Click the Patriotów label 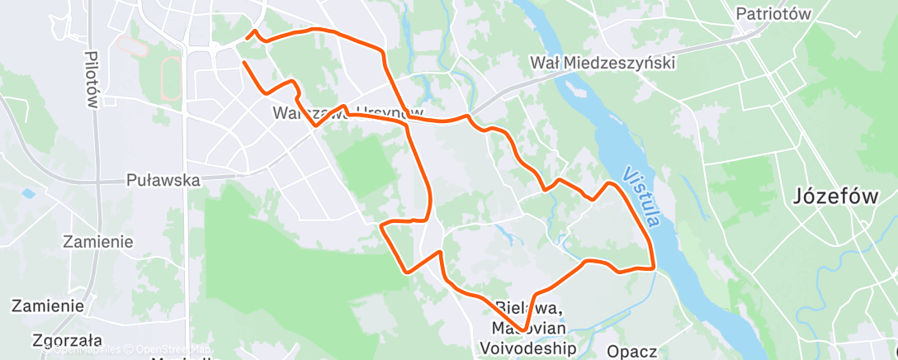pyautogui.click(x=773, y=13)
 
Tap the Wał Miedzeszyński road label pyautogui.click(x=603, y=63)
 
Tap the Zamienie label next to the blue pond pyautogui.click(x=98, y=241)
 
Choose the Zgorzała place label pyautogui.click(x=68, y=339)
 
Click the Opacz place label pyautogui.click(x=631, y=352)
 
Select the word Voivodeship pyautogui.click(x=528, y=348)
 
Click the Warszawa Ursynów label pyautogui.click(x=347, y=113)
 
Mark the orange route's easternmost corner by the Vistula pyautogui.click(x=654, y=267)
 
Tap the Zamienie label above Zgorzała pyautogui.click(x=47, y=306)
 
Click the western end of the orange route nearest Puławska pyautogui.click(x=243, y=63)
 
